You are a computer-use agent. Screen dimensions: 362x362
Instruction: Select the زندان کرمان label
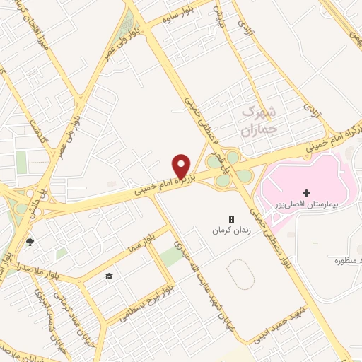point(230,230)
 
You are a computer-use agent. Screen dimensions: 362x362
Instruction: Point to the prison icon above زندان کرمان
point(230,220)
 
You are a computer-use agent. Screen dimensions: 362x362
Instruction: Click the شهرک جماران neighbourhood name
point(256,120)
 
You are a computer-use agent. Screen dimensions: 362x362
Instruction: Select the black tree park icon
point(30,243)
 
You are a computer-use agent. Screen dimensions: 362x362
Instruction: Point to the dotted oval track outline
point(240,275)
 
